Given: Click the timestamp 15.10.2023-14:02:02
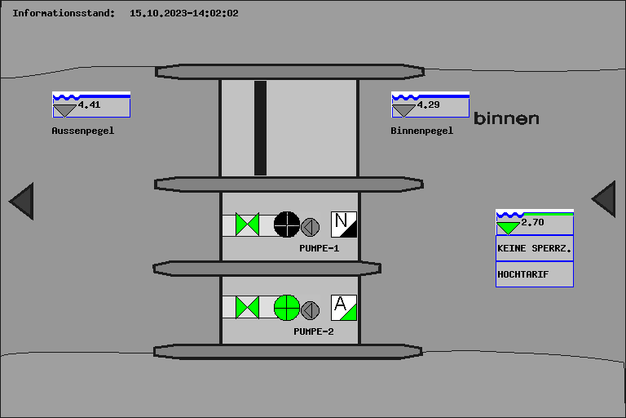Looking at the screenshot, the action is [x=184, y=13].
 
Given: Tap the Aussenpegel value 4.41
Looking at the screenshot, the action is [x=89, y=104].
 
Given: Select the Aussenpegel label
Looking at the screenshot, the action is [x=82, y=131].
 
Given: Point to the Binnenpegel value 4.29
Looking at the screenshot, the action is [x=428, y=104].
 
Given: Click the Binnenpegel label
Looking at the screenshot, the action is [x=421, y=131].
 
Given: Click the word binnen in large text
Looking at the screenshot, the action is [x=506, y=118].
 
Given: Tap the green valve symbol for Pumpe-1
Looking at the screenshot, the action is [x=247, y=225].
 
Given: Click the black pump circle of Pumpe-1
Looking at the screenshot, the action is [x=287, y=225].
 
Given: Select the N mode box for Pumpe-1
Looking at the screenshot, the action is [x=344, y=225].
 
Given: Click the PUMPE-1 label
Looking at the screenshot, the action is [x=319, y=248].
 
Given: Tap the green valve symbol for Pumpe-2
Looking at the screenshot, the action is [x=247, y=308].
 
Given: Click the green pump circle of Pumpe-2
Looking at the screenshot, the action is [x=287, y=308].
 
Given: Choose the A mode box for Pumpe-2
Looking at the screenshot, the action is [x=344, y=308].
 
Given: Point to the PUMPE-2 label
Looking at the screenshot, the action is [x=313, y=331].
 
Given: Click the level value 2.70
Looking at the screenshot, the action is [x=532, y=222].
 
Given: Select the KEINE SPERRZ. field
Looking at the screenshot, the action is [x=535, y=248].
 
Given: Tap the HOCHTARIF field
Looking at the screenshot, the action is [x=535, y=274].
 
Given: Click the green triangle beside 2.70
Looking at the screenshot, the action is [x=508, y=228].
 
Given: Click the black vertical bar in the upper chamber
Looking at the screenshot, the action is [x=260, y=128].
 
